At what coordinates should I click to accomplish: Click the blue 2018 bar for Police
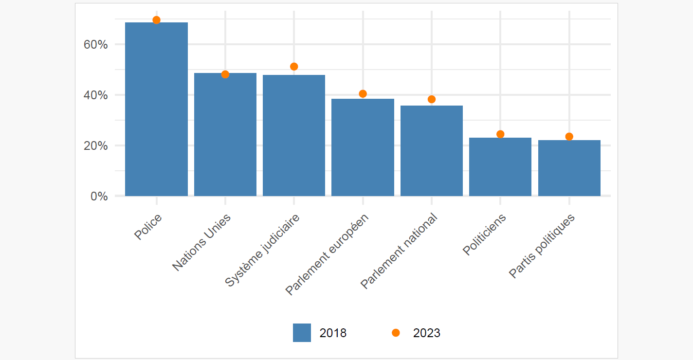click(156, 109)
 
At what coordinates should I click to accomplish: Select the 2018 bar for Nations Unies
click(225, 135)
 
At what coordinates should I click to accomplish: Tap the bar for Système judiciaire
click(294, 136)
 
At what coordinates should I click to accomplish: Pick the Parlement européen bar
click(363, 147)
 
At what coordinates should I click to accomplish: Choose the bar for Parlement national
click(431, 151)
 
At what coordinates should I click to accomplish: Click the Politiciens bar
click(500, 167)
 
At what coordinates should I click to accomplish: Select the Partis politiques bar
click(569, 168)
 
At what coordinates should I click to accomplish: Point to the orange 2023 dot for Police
click(156, 20)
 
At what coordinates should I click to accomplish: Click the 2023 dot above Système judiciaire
click(294, 67)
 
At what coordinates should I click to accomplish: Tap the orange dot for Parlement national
click(431, 99)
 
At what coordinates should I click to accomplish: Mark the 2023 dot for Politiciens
click(500, 134)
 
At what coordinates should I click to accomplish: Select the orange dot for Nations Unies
click(225, 74)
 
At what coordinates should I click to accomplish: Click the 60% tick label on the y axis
click(95, 44)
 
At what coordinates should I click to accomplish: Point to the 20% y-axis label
click(95, 145)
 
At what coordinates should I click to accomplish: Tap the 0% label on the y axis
click(99, 196)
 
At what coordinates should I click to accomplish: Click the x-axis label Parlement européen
click(328, 254)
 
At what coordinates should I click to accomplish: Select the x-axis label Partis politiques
click(542, 246)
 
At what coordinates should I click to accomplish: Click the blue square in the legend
click(302, 333)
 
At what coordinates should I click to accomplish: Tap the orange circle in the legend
click(396, 333)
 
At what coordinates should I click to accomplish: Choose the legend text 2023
click(426, 333)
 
